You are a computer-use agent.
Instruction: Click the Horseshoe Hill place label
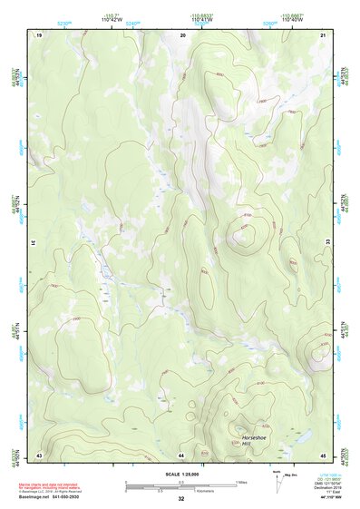257,441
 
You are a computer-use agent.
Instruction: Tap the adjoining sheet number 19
39,34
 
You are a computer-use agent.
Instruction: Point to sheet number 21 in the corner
323,34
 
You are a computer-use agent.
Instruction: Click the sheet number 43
39,454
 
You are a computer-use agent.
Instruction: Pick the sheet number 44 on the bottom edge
181,454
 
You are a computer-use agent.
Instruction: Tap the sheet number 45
323,454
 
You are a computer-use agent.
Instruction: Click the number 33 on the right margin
328,243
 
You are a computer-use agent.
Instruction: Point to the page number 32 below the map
181,499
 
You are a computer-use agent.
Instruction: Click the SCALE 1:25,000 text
180,475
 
